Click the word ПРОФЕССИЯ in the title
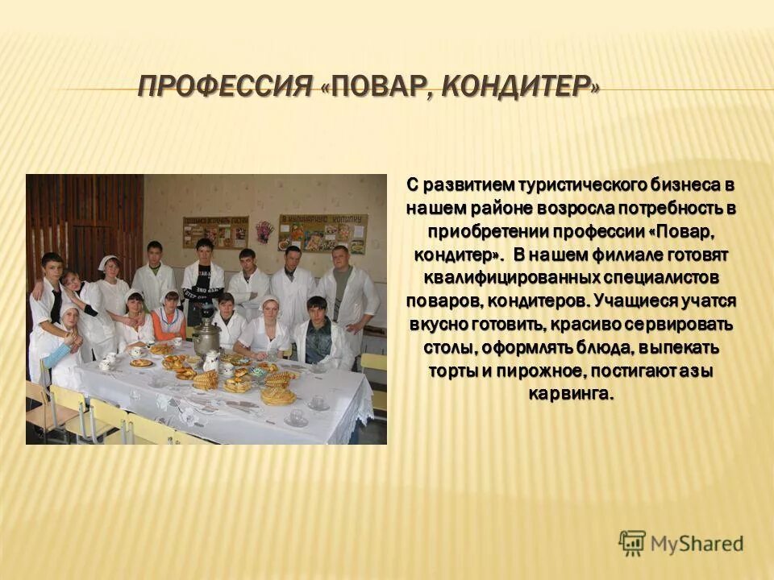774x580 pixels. pyautogui.click(x=224, y=85)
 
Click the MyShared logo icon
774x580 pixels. pyautogui.click(x=632, y=544)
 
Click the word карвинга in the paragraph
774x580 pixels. pyautogui.click(x=570, y=394)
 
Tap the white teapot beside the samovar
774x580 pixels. pyautogui.click(x=211, y=359)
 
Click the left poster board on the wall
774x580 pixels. pyautogui.click(x=214, y=232)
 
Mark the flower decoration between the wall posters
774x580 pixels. pyautogui.click(x=264, y=231)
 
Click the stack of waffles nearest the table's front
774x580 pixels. pyautogui.click(x=278, y=395)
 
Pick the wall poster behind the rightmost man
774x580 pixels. pyautogui.click(x=323, y=233)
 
